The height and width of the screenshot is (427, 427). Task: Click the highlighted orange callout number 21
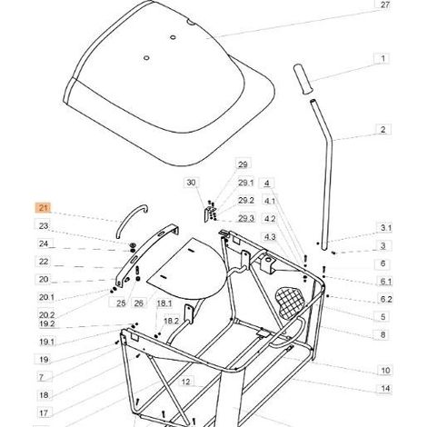coord(44,208)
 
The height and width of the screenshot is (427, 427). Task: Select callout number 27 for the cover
coord(384,5)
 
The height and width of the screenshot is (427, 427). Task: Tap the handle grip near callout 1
coord(303,79)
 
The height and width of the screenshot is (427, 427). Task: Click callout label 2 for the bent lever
coord(383,130)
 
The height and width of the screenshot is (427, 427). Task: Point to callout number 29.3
coord(246,218)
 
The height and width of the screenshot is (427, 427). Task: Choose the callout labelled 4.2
coord(270,219)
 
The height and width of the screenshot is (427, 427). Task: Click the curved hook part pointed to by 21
coord(131,220)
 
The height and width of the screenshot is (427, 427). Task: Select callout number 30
coord(191,183)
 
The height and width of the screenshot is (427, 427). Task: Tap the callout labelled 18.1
coord(164,303)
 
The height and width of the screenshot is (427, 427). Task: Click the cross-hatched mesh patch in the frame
coord(289,301)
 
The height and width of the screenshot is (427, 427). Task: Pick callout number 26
coord(138,303)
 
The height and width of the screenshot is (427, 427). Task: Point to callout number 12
coord(185,382)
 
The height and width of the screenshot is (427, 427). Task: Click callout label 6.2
coord(386,299)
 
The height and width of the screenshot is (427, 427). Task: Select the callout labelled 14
coord(385,388)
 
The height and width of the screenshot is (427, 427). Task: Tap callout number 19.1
coord(46,342)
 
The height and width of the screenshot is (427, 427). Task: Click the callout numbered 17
coord(44,412)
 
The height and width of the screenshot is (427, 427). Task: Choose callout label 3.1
coord(385,228)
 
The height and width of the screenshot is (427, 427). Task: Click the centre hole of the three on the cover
coord(173,37)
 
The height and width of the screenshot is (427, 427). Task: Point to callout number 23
coord(44,226)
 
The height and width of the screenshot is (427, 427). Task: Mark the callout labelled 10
coord(385,371)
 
